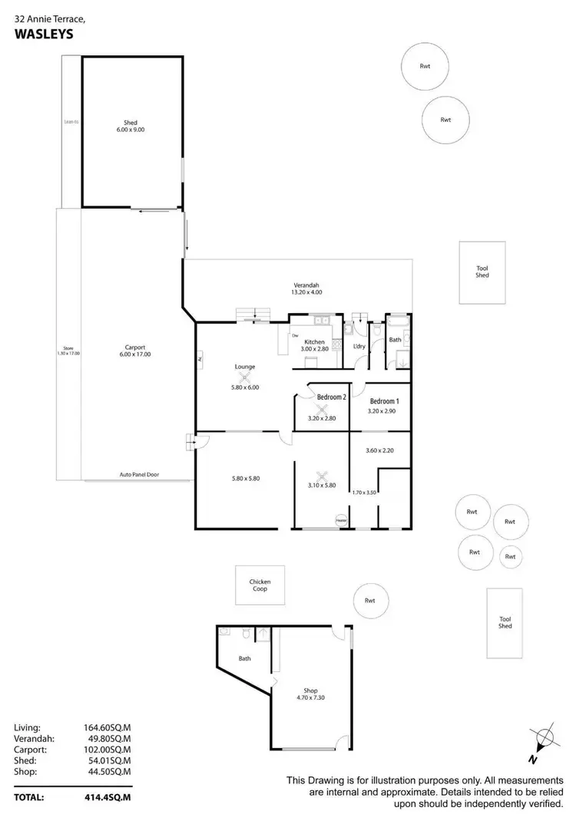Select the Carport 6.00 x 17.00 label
pyautogui.click(x=134, y=350)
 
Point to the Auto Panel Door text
pyautogui.click(x=139, y=475)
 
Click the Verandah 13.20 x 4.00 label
pyautogui.click(x=306, y=288)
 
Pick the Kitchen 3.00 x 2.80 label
pyautogui.click(x=315, y=345)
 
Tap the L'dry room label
pyautogui.click(x=359, y=347)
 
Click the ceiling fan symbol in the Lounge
pyautogui.click(x=244, y=377)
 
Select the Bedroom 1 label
pyautogui.click(x=384, y=401)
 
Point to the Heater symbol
pyautogui.click(x=340, y=522)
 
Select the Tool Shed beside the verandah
pyautogui.click(x=482, y=272)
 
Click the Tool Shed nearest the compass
pyautogui.click(x=505, y=622)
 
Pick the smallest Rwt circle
pyautogui.click(x=510, y=556)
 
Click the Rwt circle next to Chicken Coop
pyautogui.click(x=370, y=601)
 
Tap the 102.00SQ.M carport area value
pyautogui.click(x=107, y=750)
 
